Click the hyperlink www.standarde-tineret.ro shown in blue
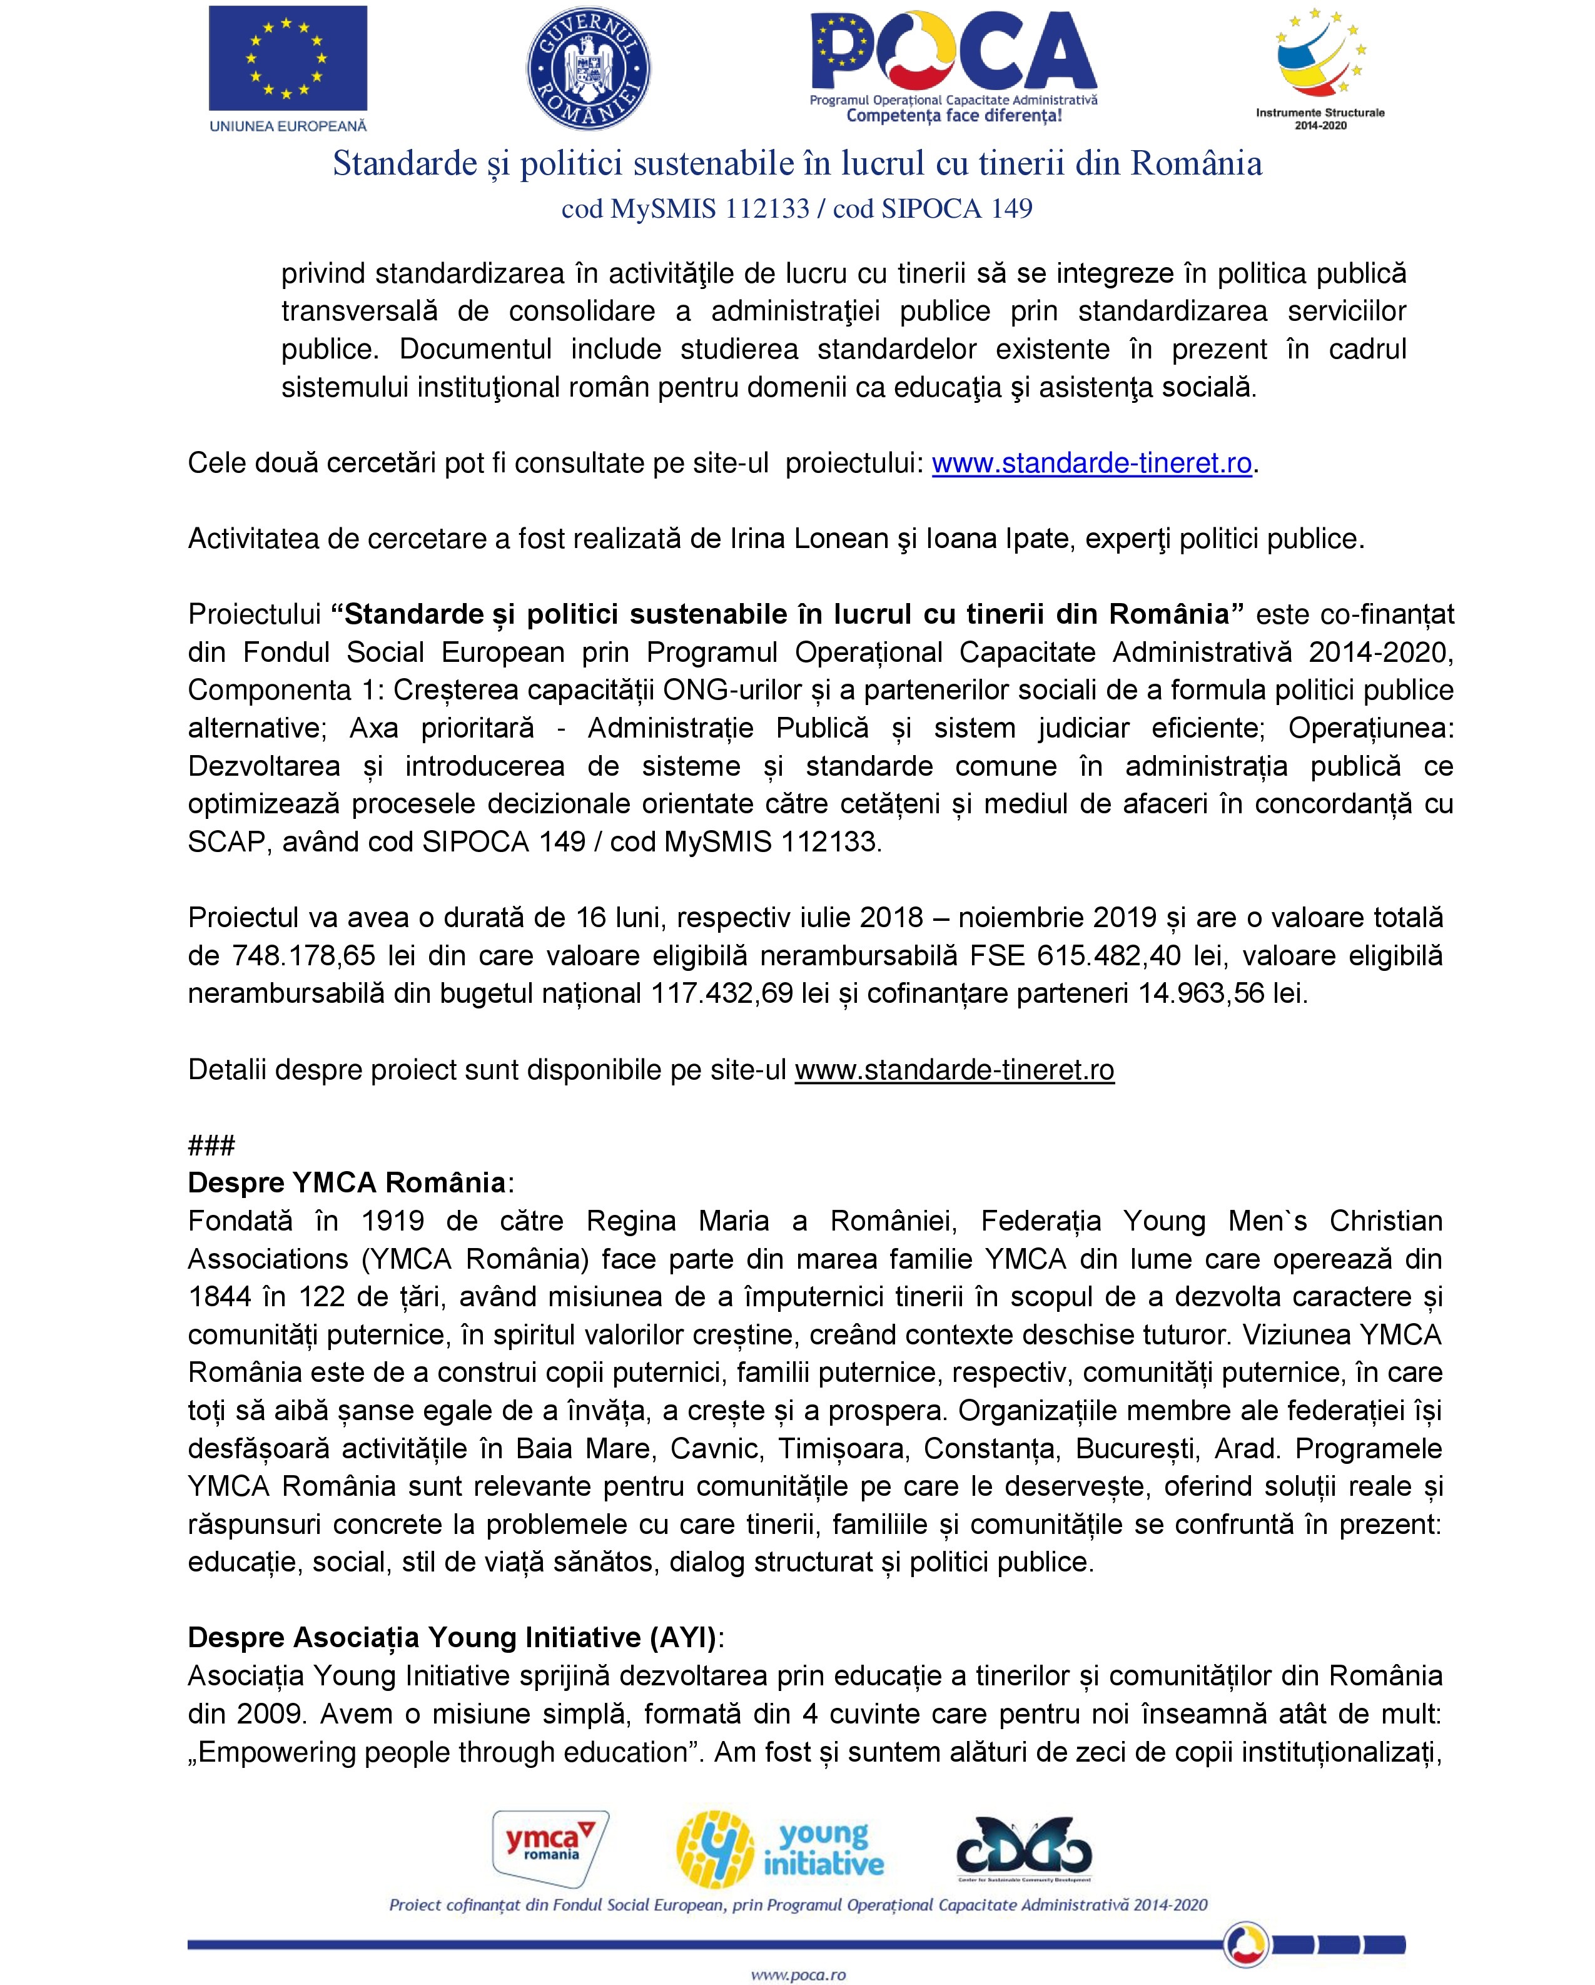(x=1091, y=463)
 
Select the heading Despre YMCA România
(x=348, y=1183)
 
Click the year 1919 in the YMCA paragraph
(x=392, y=1221)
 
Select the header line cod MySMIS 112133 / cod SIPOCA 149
(x=797, y=209)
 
